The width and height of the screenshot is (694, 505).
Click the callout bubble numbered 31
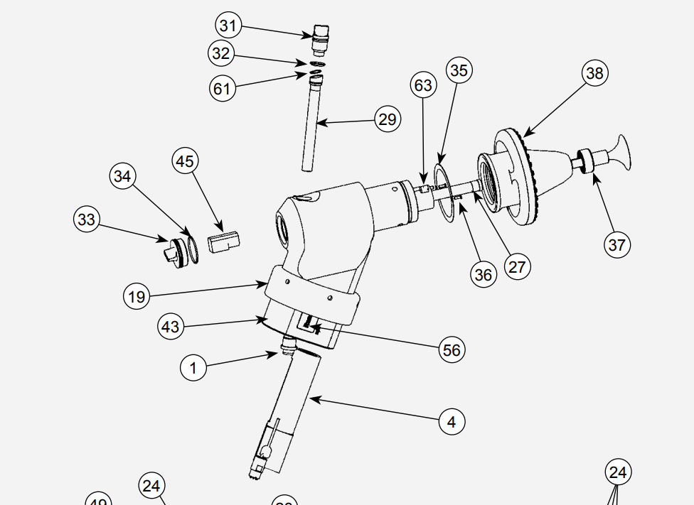228,26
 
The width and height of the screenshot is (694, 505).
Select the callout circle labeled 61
223,88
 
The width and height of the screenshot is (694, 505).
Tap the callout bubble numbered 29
388,119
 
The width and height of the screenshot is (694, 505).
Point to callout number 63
423,86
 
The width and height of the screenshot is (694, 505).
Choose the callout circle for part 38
594,73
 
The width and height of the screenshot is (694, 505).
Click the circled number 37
616,245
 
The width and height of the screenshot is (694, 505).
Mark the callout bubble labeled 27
517,266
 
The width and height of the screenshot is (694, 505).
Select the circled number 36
484,275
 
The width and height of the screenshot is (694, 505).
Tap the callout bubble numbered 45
185,161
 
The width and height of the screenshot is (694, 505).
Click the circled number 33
87,219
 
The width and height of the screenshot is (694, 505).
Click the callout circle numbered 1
193,368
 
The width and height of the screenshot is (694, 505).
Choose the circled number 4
452,421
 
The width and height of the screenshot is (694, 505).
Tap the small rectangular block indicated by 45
223,241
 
